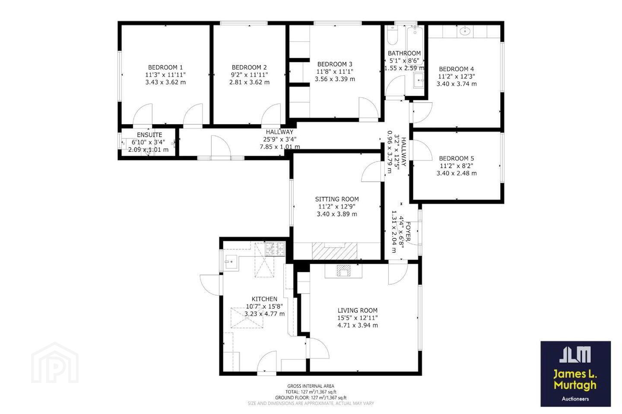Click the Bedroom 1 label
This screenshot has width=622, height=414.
[x=165, y=67]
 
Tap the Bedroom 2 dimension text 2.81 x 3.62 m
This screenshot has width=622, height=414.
[x=249, y=82]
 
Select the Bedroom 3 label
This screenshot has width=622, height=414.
[x=335, y=64]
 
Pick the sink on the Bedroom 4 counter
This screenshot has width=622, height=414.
[x=465, y=31]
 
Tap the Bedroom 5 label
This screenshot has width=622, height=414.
[x=457, y=159]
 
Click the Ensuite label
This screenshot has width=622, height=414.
[x=149, y=135]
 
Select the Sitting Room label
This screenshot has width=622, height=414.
[x=337, y=199]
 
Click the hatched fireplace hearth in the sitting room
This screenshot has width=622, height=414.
[x=335, y=251]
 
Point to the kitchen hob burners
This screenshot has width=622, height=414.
[x=275, y=249]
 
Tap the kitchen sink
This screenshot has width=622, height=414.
[x=231, y=263]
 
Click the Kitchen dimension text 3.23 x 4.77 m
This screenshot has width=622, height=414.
[x=264, y=314]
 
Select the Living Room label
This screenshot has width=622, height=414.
[x=357, y=310]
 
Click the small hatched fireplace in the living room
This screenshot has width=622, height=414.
[x=344, y=270]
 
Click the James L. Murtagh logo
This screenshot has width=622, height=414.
[x=575, y=373]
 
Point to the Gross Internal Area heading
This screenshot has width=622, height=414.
[x=311, y=386]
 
